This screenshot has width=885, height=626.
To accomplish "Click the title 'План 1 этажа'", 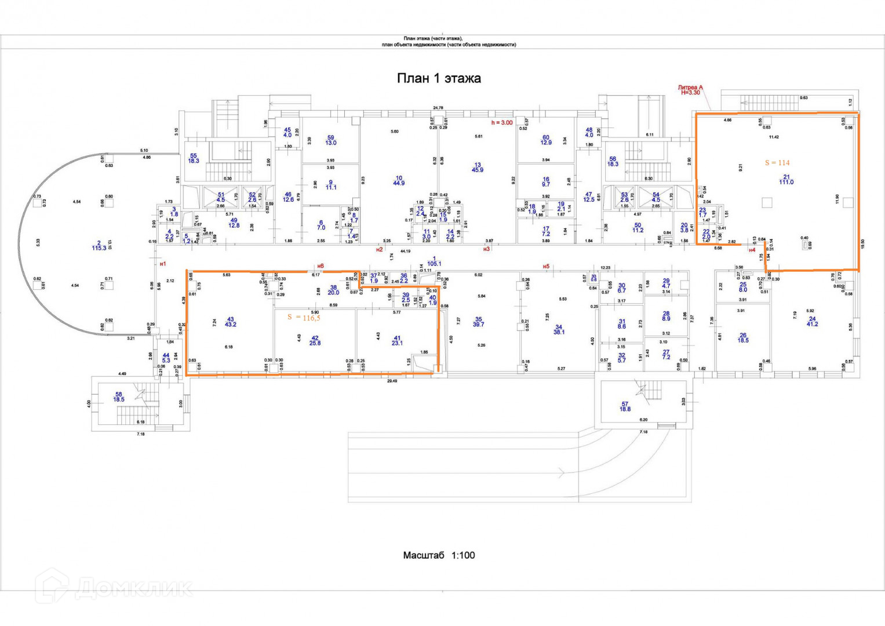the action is pos(439,78).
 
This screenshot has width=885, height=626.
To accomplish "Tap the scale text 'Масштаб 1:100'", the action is pos(439,555).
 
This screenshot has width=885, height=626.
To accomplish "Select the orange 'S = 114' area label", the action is pos(777,163).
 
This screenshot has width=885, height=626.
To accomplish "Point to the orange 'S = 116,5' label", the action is pos(304,318).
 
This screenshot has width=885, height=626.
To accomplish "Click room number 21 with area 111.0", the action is pos(786,179).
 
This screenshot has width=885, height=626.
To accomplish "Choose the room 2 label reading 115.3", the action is pos(99,245).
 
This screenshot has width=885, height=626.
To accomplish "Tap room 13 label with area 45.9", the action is pos(478,167).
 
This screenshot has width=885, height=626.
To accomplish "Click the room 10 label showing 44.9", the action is pos(399,180).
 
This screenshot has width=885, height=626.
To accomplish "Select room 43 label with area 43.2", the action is pos(230,322).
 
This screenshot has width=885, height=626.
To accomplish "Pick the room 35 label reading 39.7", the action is pos(478,322).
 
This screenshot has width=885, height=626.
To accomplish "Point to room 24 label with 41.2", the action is pos(812,321).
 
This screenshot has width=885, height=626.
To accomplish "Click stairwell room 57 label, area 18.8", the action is pos(625,406).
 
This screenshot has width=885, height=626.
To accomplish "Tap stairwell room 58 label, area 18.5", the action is pos(119,396).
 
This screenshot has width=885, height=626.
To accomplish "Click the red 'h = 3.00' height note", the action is pos(502,122).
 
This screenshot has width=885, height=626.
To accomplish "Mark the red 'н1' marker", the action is pos(163,264).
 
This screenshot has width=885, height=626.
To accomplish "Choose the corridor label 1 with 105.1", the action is pos(434,261).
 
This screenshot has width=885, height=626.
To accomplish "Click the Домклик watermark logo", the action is pos(113,588).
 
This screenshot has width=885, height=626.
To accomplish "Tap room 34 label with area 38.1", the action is pos(559,329).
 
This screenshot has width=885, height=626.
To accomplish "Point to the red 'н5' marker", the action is pos(546,267).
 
